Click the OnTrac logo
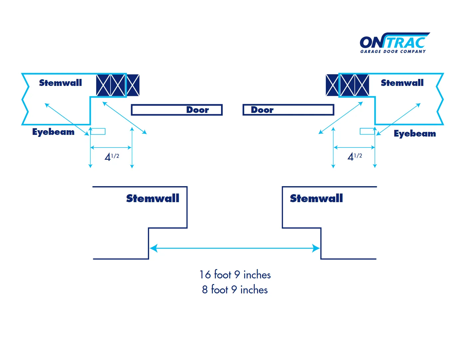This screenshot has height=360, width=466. point(394,43)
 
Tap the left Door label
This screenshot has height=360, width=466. point(197,110)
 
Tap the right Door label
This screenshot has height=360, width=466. point(262,110)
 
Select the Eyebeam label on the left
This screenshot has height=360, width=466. point(53,132)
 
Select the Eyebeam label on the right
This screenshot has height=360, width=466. point(415,134)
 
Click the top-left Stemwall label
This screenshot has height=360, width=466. point(60,83)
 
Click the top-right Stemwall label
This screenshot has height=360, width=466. point(402,83)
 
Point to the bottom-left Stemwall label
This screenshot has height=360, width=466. point(152,198)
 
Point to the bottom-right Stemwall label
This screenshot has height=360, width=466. point(316,198)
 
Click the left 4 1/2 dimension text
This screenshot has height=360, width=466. point(112,157)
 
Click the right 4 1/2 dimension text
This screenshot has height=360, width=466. point(355,157)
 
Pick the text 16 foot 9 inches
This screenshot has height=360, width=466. point(235,275)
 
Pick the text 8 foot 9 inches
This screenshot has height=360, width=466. point(235,290)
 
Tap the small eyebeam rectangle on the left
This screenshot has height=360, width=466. point(98,131)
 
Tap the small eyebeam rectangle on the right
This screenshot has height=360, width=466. point(367,131)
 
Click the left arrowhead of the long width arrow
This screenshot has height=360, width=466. point(153,248)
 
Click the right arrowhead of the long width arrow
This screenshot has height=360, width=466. point(316,248)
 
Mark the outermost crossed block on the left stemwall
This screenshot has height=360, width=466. point(133,85)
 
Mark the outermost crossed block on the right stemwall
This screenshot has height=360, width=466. point(332,85)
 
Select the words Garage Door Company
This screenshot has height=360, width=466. point(393,52)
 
